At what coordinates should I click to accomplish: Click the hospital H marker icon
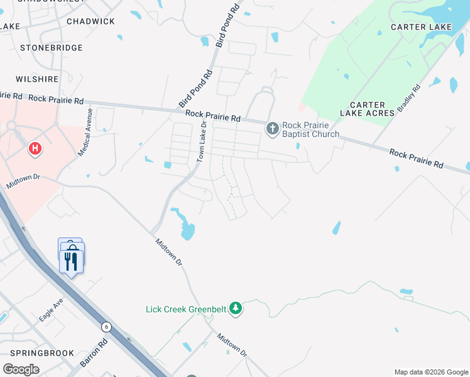(36, 148)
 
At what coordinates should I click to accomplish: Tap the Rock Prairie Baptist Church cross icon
(272, 129)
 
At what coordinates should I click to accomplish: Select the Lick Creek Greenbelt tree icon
(236, 308)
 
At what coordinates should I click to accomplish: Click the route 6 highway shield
(107, 326)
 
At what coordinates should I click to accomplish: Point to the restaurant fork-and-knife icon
(72, 260)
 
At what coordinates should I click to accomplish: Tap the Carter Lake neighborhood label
(421, 27)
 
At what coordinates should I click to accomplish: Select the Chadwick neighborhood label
(90, 21)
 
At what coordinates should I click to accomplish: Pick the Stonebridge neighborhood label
(52, 48)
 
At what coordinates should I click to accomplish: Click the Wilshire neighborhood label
(38, 79)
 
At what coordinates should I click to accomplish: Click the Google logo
(21, 369)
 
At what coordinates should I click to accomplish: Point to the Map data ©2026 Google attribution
(432, 372)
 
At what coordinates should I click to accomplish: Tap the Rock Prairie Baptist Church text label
(310, 129)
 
